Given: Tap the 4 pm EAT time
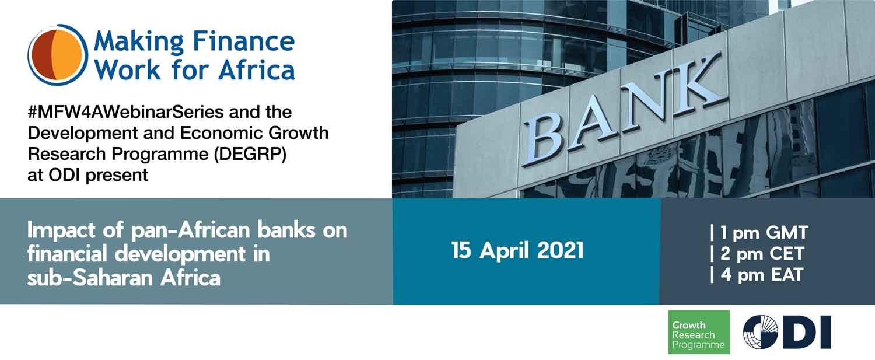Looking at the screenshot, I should tap(757, 274).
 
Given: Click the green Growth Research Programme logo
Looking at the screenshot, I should tap(698, 332).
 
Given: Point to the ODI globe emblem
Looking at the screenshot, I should tap(760, 332).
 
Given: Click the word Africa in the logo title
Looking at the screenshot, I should tap(257, 70).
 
